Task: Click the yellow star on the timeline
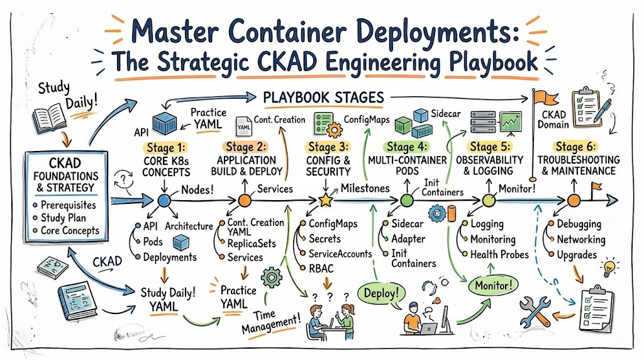[x=325, y=200]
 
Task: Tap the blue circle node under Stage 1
[x=164, y=201]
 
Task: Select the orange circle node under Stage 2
[x=245, y=201]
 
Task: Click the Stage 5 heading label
[x=488, y=147]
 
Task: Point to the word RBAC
[x=321, y=268]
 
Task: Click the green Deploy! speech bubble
[x=381, y=293]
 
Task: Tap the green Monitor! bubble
[x=494, y=285]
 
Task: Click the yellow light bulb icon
[x=609, y=268]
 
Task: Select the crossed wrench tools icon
[x=535, y=311]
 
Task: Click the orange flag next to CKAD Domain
[x=546, y=98]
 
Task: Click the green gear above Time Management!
[x=272, y=278]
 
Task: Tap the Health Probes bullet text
[x=499, y=255]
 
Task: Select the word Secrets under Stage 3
[x=325, y=239]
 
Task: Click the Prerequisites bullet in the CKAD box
[x=68, y=205]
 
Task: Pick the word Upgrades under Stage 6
[x=577, y=255]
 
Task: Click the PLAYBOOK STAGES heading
[x=324, y=98]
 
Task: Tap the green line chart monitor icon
[x=511, y=121]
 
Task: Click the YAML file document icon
[x=243, y=126]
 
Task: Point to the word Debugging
[x=579, y=225]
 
